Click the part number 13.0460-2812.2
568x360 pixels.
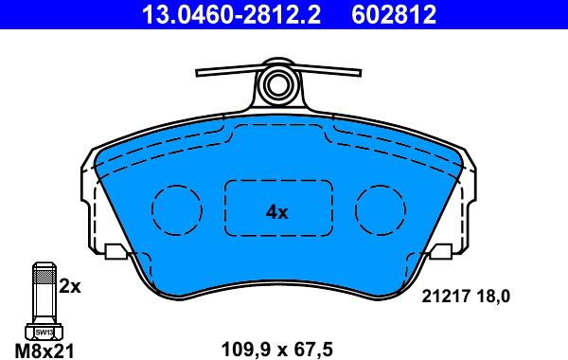[231, 14]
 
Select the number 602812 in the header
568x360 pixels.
[394, 14]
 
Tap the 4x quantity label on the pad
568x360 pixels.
[277, 212]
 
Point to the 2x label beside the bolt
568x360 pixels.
[70, 287]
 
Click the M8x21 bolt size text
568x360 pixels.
[44, 351]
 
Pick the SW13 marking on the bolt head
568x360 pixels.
[44, 332]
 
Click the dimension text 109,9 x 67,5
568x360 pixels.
[276, 350]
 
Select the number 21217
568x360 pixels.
[446, 297]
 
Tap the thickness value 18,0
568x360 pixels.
[493, 297]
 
